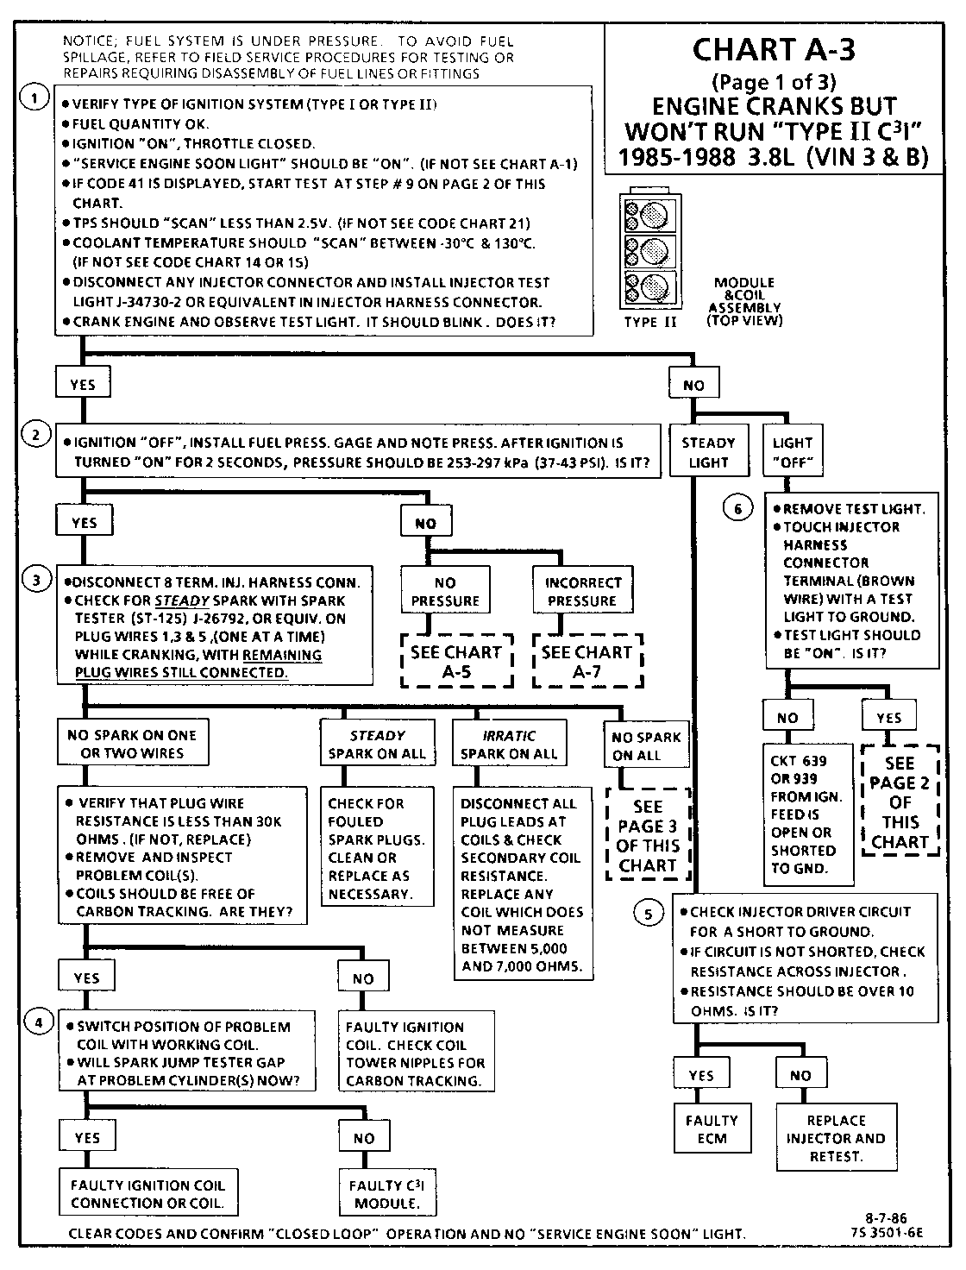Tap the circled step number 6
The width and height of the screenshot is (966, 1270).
click(x=737, y=509)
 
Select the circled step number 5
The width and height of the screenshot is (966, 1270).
click(x=649, y=913)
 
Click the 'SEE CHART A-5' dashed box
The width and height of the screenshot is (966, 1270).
click(x=456, y=662)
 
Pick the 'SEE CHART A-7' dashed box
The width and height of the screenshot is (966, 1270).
click(x=587, y=662)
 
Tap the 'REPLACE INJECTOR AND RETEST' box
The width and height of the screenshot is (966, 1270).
click(x=835, y=1138)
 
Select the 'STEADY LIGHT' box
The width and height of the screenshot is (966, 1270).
click(x=708, y=452)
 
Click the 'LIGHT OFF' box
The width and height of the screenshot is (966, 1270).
click(x=793, y=452)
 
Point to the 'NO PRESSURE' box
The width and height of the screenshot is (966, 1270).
click(x=445, y=591)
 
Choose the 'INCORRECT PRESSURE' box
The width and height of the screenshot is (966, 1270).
click(x=582, y=591)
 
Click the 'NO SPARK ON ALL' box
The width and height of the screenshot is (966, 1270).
click(x=646, y=745)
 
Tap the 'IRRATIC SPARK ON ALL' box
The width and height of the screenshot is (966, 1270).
click(x=508, y=744)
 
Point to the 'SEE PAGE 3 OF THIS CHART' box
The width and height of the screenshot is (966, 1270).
click(x=648, y=835)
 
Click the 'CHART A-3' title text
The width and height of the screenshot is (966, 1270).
click(x=774, y=50)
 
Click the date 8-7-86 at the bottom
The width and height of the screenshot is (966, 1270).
click(x=888, y=1219)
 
